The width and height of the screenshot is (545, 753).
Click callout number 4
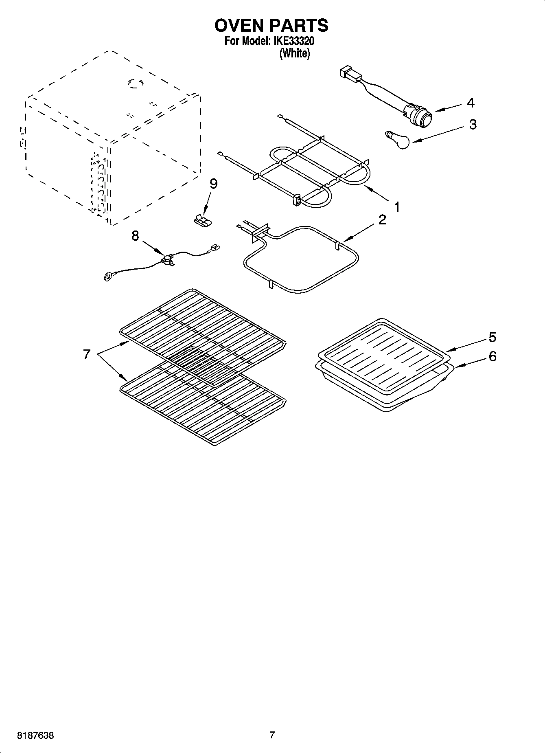(470, 103)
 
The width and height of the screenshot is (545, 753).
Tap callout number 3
(472, 124)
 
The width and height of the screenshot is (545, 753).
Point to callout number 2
(382, 220)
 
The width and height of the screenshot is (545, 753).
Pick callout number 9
(213, 184)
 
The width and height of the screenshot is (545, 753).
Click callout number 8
(135, 236)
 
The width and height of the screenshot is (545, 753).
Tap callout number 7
(86, 354)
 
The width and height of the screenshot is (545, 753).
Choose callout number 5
(492, 337)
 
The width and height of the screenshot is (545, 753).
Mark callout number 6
(492, 357)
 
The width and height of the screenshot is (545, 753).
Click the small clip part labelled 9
(203, 220)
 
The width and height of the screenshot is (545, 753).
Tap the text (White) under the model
(294, 53)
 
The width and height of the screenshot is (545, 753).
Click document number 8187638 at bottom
(35, 735)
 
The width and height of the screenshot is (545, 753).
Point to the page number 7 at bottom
(272, 735)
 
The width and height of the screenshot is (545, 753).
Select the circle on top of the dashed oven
(135, 83)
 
